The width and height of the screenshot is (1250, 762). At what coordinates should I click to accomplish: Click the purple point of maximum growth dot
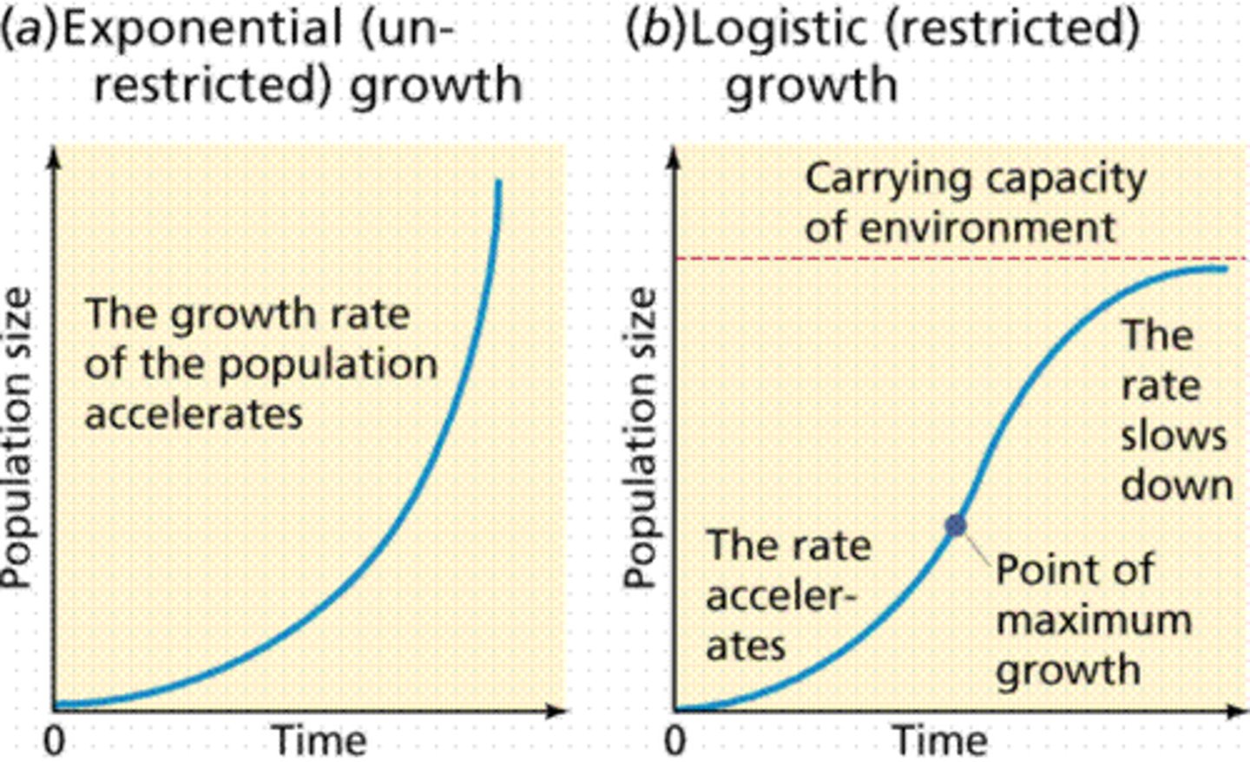click(956, 524)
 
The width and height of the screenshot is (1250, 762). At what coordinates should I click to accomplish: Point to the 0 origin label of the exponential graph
click(54, 741)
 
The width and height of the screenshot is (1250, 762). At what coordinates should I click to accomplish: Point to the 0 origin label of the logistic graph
click(674, 741)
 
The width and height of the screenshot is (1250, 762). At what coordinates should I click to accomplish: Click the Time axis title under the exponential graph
click(319, 741)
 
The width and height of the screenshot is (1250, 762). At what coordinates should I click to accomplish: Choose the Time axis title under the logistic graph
click(940, 741)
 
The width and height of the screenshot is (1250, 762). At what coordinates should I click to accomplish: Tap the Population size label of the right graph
click(641, 438)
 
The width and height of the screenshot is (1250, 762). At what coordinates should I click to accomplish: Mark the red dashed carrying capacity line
click(868, 259)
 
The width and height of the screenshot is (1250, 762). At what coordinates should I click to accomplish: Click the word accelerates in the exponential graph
click(194, 414)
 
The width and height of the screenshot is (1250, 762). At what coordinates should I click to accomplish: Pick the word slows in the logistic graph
click(1173, 435)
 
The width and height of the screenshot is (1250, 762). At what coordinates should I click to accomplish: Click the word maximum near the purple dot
click(1094, 621)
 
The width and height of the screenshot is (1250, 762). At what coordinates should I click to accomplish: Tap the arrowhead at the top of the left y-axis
click(55, 155)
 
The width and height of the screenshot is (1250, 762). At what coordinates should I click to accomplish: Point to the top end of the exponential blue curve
click(498, 182)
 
